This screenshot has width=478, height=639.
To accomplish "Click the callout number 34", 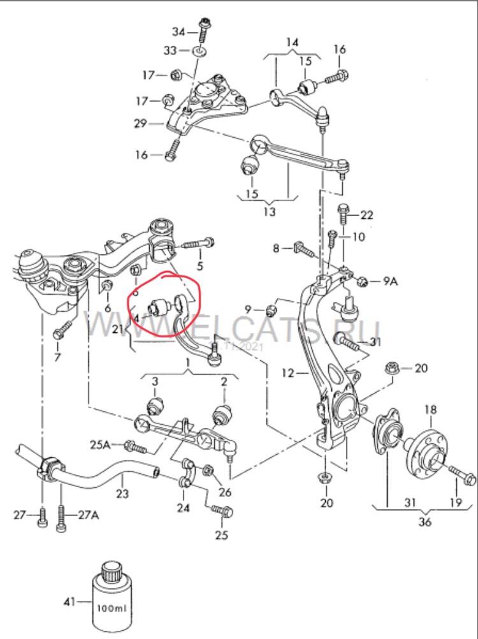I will (179, 31).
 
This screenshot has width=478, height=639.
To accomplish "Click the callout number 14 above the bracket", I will (292, 43).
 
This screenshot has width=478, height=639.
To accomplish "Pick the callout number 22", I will (366, 214).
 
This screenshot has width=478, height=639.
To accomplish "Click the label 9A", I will (389, 280).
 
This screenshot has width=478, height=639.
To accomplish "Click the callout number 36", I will (424, 522).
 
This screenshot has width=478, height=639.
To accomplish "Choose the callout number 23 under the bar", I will (122, 493).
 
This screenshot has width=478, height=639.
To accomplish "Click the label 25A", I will (101, 444).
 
